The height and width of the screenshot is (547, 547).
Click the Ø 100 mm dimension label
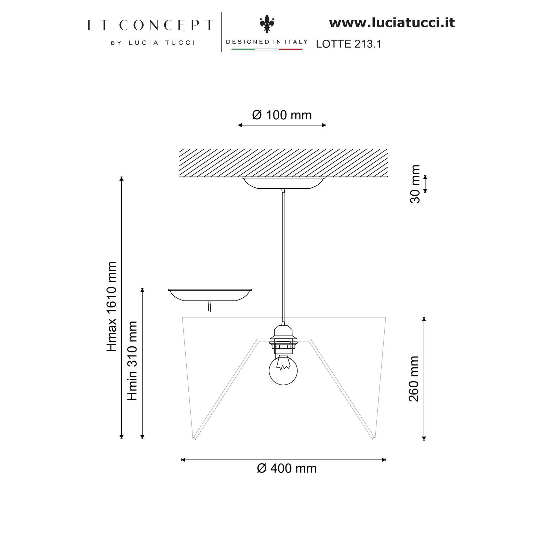click(282, 115)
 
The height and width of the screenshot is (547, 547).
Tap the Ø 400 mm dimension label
click(287, 468)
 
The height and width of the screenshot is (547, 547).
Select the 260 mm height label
click(414, 379)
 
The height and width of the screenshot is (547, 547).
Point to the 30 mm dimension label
click(415, 184)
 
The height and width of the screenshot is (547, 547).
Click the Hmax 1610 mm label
click(111, 307)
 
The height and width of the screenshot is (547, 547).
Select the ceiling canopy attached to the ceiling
click(283, 183)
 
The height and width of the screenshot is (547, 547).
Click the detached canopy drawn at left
click(210, 295)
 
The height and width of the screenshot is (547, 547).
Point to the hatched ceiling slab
click(283, 163)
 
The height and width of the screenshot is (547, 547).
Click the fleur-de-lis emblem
click(267, 24)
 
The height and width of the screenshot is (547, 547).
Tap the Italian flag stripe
click(267, 50)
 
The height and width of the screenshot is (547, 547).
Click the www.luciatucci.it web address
click(392, 23)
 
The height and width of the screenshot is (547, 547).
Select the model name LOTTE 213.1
click(348, 44)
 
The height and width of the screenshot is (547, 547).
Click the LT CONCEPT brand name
click(150, 25)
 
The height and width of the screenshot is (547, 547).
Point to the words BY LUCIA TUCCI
click(153, 43)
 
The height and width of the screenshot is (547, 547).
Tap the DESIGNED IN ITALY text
click(267, 42)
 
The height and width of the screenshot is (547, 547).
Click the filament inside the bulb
click(283, 363)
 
